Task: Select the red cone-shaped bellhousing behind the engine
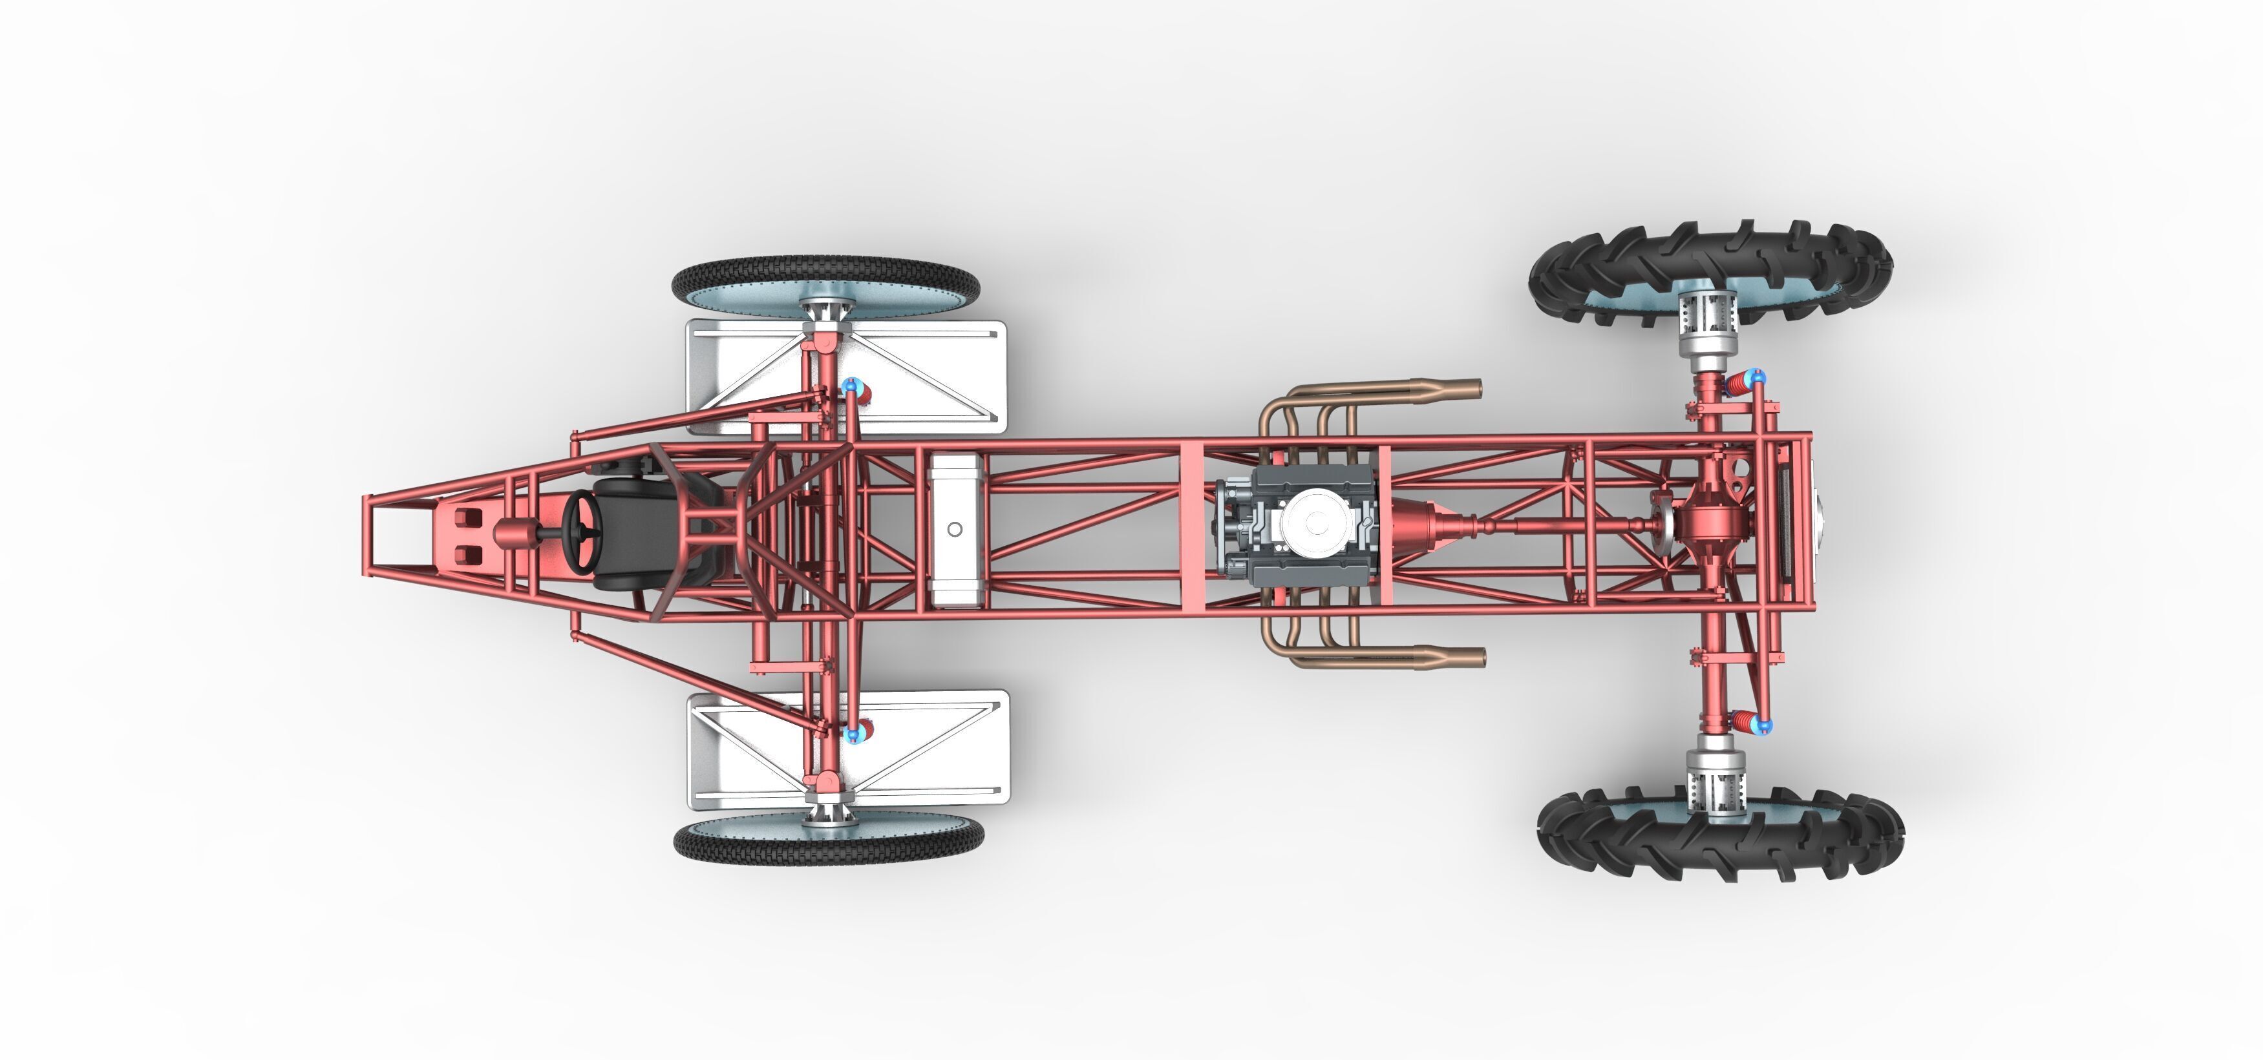click(1414, 528)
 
